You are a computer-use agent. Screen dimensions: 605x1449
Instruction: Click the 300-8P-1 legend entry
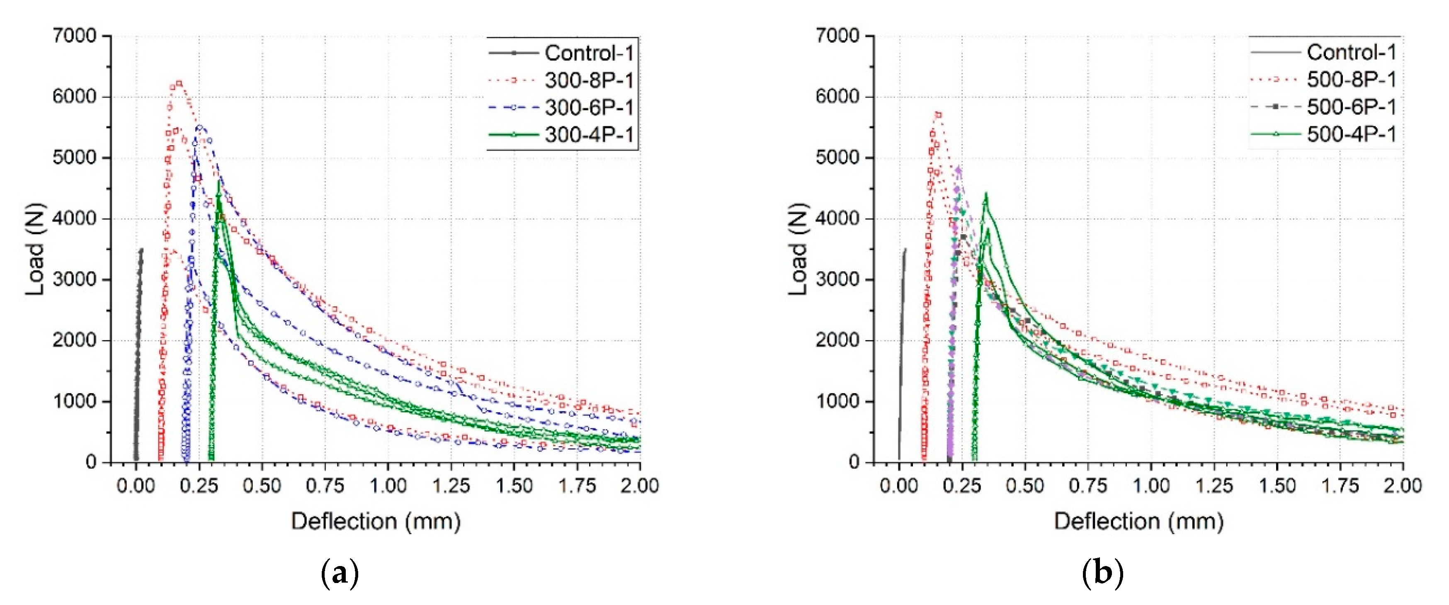point(588,80)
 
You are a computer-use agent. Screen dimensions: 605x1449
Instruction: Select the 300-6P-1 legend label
point(588,107)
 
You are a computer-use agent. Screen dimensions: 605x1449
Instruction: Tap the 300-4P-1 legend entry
point(588,134)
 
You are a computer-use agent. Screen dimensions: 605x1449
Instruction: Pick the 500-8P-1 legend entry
point(1351,79)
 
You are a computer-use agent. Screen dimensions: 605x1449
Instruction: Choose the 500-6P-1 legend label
point(1351,107)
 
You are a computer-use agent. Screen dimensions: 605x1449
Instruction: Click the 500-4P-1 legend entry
point(1351,134)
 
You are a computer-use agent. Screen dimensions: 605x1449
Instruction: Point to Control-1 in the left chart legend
point(588,53)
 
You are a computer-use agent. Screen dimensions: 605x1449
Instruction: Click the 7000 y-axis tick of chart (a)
point(74,36)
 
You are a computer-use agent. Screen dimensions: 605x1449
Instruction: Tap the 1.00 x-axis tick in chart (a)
point(388,485)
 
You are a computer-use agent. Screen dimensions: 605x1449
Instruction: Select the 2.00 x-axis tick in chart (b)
point(1403,485)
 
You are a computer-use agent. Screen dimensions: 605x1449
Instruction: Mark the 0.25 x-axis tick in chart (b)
point(962,485)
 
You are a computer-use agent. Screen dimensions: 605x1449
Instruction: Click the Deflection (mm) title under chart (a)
point(376,521)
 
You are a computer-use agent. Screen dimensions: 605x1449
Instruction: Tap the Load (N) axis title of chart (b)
point(798,249)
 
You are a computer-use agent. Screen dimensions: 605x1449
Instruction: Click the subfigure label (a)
point(339,573)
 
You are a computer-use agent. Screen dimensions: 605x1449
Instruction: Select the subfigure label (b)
point(1102,573)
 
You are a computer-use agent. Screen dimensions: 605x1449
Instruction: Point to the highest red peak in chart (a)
point(179,83)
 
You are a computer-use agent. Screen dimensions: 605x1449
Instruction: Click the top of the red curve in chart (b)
point(938,114)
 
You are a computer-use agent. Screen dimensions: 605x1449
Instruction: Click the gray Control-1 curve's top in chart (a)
point(141,249)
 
